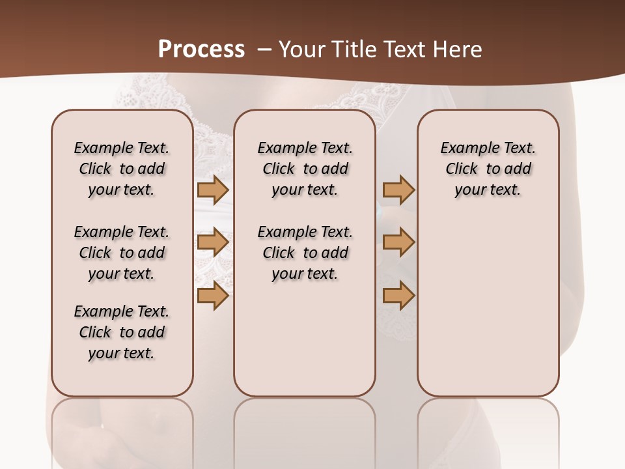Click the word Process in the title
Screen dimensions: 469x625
[x=201, y=49]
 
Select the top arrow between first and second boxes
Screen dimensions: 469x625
[x=212, y=190]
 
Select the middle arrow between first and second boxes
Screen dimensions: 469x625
[x=212, y=243]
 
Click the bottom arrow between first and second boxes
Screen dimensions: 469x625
[x=212, y=296]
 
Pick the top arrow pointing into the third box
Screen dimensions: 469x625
[x=398, y=190]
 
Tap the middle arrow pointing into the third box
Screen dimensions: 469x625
[x=398, y=243]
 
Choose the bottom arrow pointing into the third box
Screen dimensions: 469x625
[x=398, y=296]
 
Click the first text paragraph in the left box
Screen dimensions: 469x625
[x=122, y=169]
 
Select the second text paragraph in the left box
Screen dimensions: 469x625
[x=122, y=253]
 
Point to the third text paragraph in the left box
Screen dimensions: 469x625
[x=122, y=332]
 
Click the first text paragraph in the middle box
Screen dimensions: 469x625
[x=305, y=169]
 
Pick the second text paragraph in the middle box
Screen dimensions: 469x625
[x=305, y=253]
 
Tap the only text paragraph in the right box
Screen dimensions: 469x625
[x=488, y=169]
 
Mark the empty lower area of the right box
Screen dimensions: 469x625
[x=488, y=306]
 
